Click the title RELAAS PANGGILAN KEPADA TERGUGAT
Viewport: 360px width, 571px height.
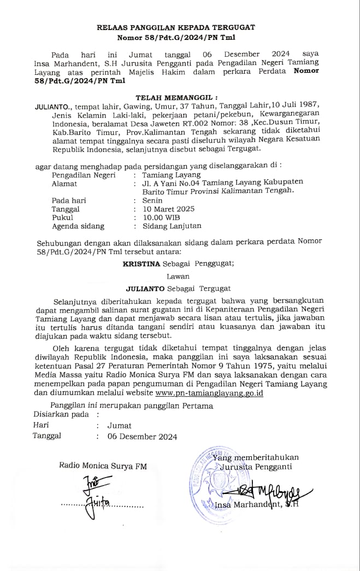pos(176,27)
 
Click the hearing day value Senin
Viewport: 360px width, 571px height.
pos(152,201)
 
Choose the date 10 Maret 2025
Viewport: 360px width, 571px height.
pos(168,209)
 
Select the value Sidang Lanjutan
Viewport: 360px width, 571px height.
pos(172,226)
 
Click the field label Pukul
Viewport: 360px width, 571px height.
pos(62,217)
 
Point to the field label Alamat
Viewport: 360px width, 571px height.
pos(64,184)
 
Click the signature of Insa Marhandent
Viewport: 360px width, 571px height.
pos(273,491)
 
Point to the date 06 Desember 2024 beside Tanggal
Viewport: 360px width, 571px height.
pos(142,436)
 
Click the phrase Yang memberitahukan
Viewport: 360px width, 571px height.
pos(260,457)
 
